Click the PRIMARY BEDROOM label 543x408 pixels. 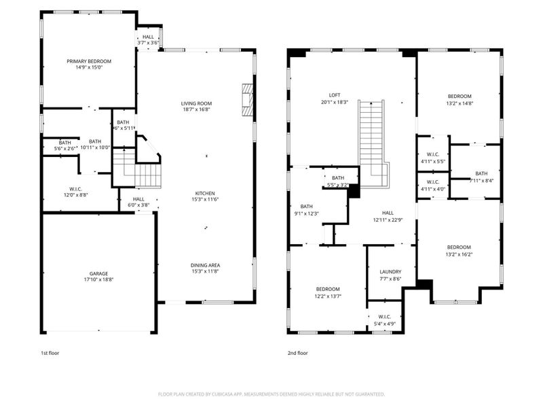click(x=89, y=61)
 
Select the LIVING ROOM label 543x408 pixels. click(x=196, y=103)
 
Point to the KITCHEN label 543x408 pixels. click(x=206, y=192)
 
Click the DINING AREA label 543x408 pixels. click(x=205, y=265)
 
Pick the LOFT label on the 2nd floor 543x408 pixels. click(x=335, y=95)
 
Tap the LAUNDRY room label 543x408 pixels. click(x=390, y=271)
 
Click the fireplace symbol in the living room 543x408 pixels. click(x=248, y=101)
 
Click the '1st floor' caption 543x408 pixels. click(x=50, y=353)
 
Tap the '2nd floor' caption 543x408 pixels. click(x=298, y=353)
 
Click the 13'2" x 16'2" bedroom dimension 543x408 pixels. click(x=459, y=255)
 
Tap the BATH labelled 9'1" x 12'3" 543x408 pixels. click(x=306, y=210)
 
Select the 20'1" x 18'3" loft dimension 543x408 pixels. click(x=335, y=102)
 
